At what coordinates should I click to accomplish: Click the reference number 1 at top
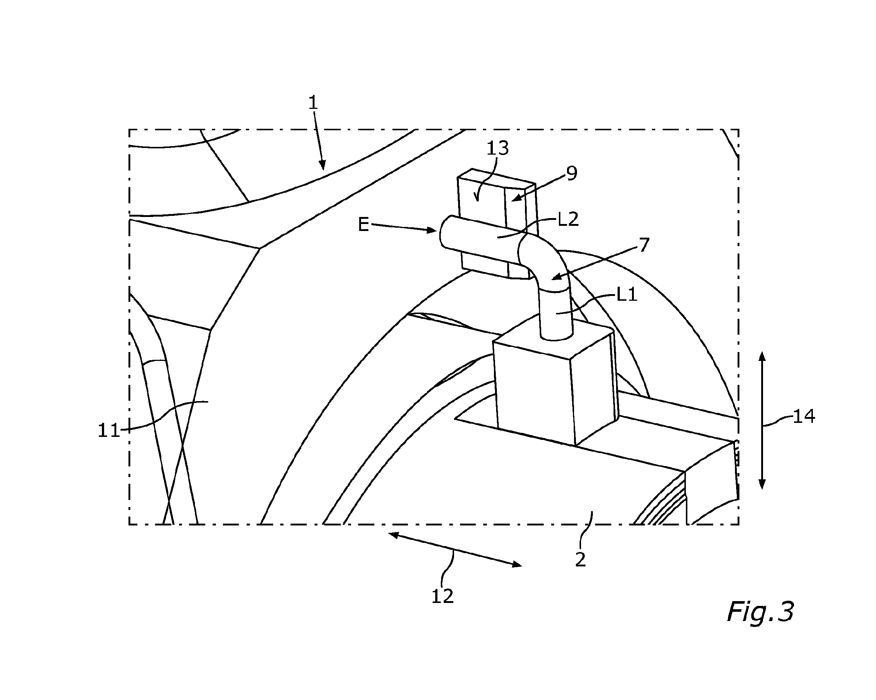(x=313, y=103)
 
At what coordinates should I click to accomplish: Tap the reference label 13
(x=498, y=149)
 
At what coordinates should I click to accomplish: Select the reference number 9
(x=571, y=173)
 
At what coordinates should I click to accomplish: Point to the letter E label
(x=363, y=224)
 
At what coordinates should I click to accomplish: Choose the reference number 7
(x=645, y=245)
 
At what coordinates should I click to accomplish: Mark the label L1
(x=627, y=295)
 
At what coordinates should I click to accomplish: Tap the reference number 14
(x=804, y=417)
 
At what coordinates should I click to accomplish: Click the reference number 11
(x=109, y=430)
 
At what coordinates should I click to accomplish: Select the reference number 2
(x=581, y=560)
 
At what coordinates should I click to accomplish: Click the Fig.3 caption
(x=760, y=611)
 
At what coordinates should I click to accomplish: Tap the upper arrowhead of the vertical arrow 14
(x=762, y=356)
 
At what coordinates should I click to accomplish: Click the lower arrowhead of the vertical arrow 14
(x=762, y=485)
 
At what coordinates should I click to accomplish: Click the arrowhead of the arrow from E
(x=431, y=230)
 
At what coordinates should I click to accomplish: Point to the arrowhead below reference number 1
(x=323, y=165)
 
